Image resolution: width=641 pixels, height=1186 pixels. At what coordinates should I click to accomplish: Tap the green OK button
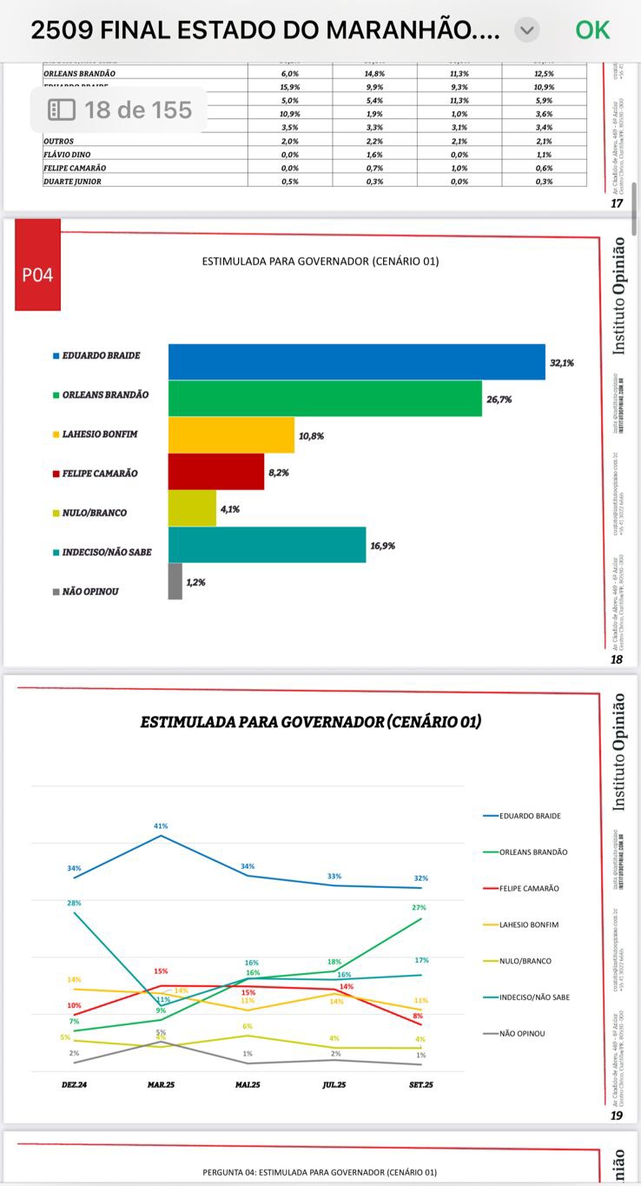click(592, 30)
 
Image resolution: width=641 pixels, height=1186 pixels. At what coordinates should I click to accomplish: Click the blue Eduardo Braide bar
click(356, 361)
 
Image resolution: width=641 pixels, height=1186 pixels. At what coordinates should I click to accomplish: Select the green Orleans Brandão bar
click(325, 399)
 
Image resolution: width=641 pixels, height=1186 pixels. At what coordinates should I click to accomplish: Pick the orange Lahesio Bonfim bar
click(231, 435)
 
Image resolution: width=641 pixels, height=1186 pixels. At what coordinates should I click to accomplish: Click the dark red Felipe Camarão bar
click(215, 472)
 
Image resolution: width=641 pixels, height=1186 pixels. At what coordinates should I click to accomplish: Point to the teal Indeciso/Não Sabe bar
click(267, 545)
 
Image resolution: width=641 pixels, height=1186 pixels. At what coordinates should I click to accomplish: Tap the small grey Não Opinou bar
click(175, 581)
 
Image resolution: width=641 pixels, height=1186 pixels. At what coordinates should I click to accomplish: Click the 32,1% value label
click(560, 362)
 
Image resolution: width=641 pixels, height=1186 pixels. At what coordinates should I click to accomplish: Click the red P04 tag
click(37, 275)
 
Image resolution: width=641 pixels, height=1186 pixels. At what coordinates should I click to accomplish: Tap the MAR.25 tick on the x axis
click(161, 1085)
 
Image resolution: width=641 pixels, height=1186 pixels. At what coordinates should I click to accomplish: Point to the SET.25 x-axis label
click(421, 1085)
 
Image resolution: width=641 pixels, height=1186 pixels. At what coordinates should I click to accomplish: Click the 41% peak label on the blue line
click(161, 826)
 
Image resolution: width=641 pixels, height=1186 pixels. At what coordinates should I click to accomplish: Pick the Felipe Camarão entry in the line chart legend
click(529, 889)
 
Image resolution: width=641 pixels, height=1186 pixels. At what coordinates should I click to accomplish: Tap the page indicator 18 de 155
click(120, 110)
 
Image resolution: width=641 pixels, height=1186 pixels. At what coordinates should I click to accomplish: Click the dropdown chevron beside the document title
click(526, 30)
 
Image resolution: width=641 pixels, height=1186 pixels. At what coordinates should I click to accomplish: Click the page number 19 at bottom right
click(617, 1116)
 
